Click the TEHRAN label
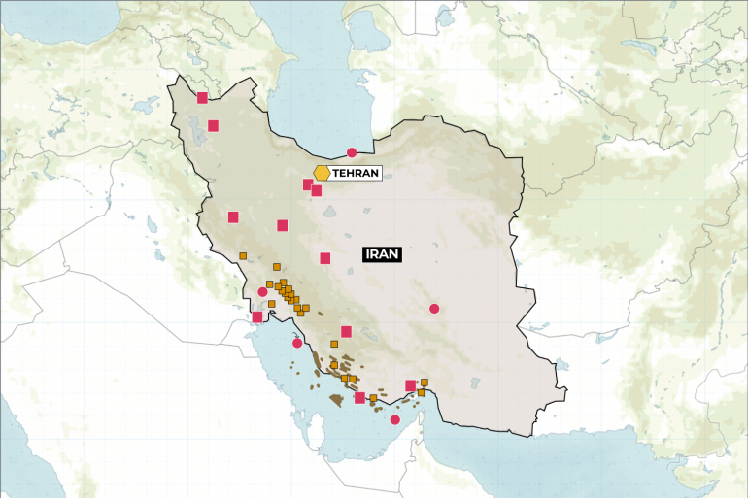point(355,173)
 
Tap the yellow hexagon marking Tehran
point(321,173)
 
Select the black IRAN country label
point(383,254)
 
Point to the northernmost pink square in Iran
point(202,97)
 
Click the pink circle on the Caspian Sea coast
point(352,152)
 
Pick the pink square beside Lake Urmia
point(213,125)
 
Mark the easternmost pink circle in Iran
point(434,309)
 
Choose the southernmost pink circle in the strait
point(394,419)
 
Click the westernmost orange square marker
point(243,256)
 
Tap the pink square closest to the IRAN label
point(325,258)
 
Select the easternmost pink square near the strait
point(410,385)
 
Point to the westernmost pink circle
point(262,291)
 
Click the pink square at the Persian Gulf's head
point(256,316)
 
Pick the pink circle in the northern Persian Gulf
point(297,343)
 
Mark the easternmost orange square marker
point(425,382)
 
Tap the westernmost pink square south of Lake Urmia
point(233,217)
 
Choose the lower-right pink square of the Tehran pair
point(317,190)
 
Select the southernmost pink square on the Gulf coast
point(359,397)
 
